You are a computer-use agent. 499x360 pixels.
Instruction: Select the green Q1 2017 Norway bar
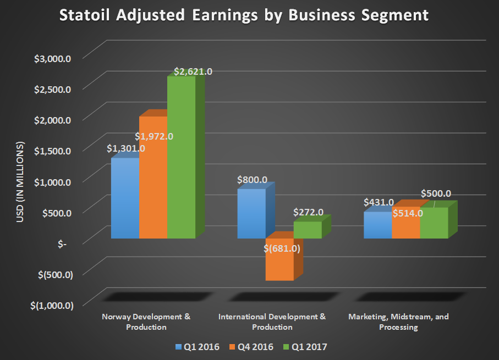181,159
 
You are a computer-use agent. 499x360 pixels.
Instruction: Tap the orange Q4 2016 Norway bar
153,181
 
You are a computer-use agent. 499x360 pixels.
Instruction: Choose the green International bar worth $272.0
308,230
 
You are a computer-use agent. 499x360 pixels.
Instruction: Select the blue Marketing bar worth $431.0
377,225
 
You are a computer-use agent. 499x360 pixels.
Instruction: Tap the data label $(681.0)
282,248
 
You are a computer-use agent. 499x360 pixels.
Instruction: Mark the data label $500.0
436,193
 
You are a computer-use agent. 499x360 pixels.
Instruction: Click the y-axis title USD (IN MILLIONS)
21,181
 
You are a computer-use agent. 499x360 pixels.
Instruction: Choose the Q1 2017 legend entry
306,347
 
